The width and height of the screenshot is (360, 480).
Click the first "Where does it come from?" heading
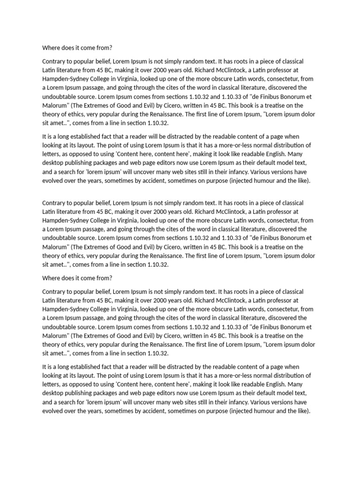pos(77,48)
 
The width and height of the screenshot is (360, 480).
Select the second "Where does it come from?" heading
pos(77,278)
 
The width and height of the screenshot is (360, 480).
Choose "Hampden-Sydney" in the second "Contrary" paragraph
pos(64,220)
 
